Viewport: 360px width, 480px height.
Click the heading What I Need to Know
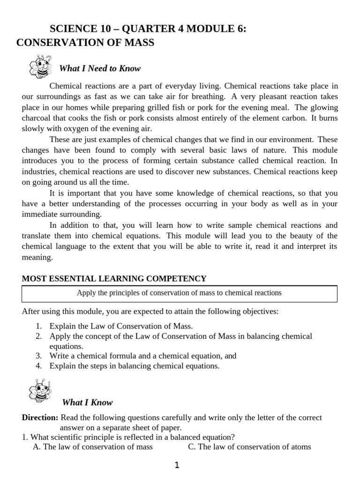(x=99, y=68)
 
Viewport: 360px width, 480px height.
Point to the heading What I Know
(x=87, y=403)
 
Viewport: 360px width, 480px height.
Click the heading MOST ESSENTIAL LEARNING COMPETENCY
(x=114, y=278)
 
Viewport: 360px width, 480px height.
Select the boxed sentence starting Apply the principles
(x=180, y=293)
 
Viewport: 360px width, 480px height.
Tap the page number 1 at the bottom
(x=177, y=465)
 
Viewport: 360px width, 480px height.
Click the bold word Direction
(x=40, y=417)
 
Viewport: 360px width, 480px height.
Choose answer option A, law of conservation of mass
(x=93, y=447)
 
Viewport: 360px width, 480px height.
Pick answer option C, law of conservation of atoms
(x=249, y=447)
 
